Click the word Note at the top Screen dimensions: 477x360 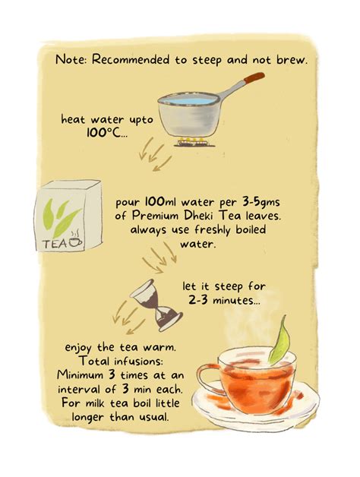tap(70, 60)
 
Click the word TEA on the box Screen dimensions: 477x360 tap(55, 244)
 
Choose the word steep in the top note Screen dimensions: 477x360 tap(218, 60)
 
